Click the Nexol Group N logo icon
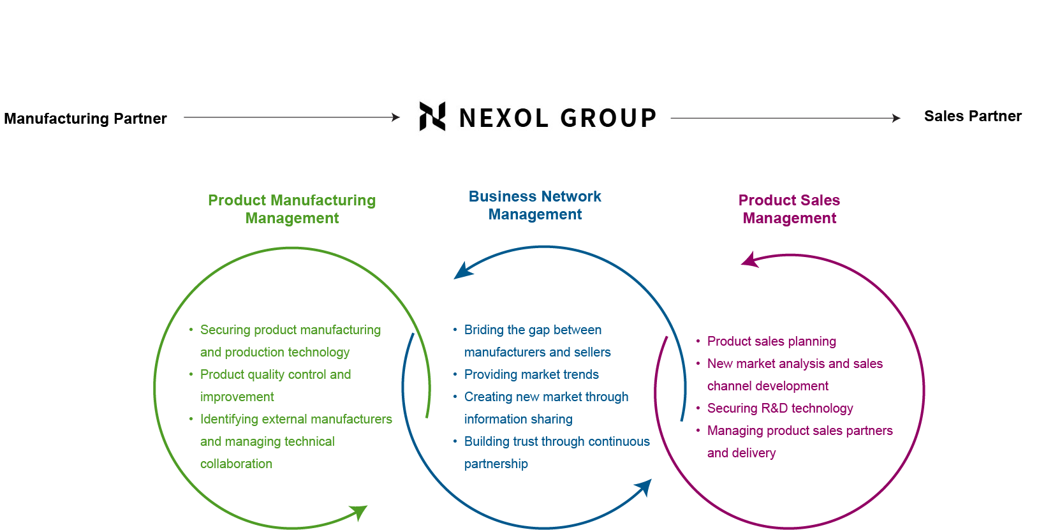click(432, 117)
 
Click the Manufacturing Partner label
click(85, 119)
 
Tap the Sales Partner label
click(973, 116)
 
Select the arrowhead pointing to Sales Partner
click(897, 118)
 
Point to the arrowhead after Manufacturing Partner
click(396, 117)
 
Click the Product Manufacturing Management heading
click(292, 209)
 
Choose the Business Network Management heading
click(535, 205)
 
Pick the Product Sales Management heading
click(789, 209)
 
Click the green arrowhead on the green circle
click(359, 512)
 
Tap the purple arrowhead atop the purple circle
click(749, 260)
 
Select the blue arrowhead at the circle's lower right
click(644, 488)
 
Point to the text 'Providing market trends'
click(531, 374)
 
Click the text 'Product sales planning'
click(771, 341)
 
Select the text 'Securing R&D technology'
click(779, 408)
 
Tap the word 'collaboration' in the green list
click(236, 464)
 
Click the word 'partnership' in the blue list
click(496, 464)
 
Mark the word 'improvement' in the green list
click(237, 397)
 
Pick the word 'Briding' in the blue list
click(483, 330)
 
